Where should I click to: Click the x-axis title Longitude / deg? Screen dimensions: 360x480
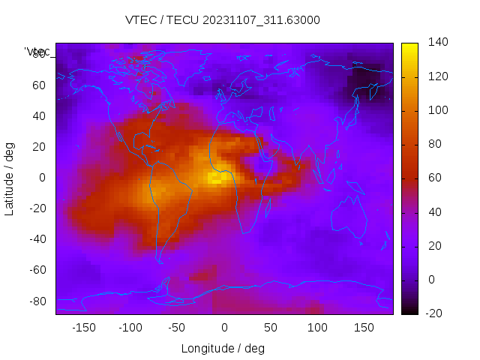[x=223, y=348]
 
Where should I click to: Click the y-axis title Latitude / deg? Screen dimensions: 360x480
[x=10, y=178]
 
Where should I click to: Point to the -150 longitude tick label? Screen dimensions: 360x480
[x=83, y=328]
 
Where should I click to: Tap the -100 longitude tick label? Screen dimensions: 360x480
[x=130, y=328]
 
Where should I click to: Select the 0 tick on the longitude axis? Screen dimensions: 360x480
[x=223, y=328]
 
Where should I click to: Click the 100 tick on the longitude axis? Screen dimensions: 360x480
[x=317, y=328]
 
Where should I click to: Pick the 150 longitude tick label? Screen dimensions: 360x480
[x=364, y=328]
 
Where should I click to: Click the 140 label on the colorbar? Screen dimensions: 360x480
[x=438, y=42]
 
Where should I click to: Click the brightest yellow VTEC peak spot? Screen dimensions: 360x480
[x=216, y=180]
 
